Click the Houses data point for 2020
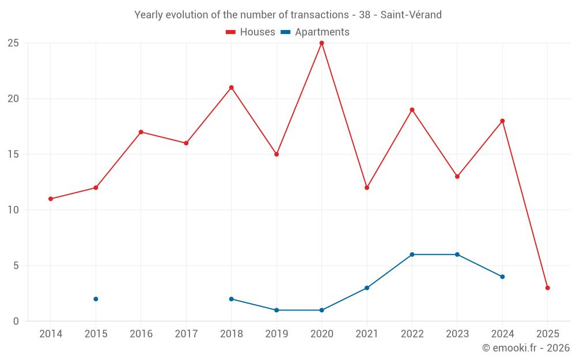coord(321,43)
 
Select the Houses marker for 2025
coord(547,288)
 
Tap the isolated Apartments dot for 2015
coord(96,299)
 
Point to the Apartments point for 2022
coord(412,255)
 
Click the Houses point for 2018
coord(231,88)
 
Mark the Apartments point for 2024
coord(502,277)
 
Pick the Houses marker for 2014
coord(51,199)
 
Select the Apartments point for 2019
coord(276,310)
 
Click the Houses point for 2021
coord(367,188)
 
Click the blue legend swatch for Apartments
coord(285,32)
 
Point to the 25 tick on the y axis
coord(13,43)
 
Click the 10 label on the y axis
coord(13,210)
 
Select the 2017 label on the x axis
coord(186,334)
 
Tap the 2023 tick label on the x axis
coord(457,334)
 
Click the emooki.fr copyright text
coord(525,348)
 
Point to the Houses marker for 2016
coord(141,132)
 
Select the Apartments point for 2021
coord(367,288)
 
